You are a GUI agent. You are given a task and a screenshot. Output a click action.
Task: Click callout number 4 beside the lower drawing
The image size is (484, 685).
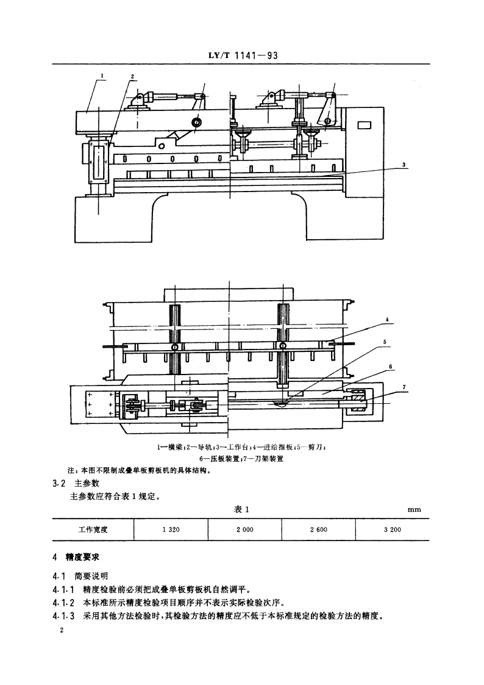386,320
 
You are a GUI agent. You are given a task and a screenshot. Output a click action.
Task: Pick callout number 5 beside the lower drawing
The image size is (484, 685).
385,343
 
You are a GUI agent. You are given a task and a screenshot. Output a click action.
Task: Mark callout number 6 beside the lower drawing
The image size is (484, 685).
390,367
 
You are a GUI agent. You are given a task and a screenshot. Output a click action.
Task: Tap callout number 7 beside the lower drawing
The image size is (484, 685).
404,387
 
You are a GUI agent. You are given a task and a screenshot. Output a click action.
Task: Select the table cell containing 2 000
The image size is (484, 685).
244,529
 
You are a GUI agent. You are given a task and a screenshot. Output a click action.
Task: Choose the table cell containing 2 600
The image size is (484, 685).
318,529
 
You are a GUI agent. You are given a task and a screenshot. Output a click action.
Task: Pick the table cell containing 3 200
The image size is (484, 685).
392,529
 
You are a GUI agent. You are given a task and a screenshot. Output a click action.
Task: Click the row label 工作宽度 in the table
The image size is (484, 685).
93,529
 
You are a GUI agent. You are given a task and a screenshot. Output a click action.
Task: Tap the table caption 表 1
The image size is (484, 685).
243,509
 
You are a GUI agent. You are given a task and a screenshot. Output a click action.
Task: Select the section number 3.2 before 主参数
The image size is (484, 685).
59,483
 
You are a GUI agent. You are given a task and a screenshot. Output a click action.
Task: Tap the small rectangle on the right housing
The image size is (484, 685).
364,126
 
